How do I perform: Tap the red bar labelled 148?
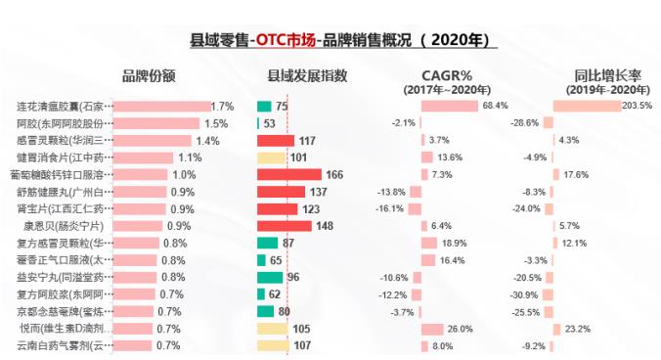[x=284, y=227]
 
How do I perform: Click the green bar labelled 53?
[x=258, y=123]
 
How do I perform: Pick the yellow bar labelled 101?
[x=271, y=157]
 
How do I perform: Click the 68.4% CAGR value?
[x=494, y=106]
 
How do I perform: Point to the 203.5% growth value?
[x=637, y=106]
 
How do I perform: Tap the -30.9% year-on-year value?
[x=525, y=294]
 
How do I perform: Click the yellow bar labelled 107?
[x=273, y=346]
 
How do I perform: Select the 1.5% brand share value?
[x=216, y=123]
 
